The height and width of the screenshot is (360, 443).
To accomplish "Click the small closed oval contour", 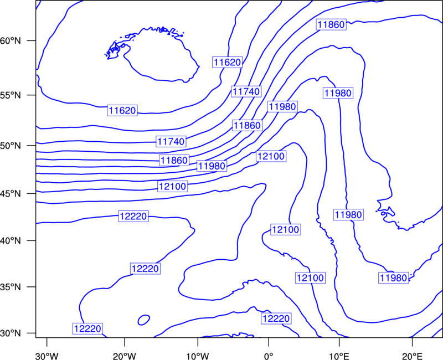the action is (x=144, y=320).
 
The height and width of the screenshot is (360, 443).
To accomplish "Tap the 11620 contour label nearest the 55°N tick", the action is (x=122, y=110).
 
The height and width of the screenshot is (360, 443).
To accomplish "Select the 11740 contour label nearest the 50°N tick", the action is (x=171, y=141).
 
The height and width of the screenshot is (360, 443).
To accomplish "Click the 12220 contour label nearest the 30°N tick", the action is (x=87, y=328).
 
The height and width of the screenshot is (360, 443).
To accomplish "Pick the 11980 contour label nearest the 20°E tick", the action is (x=394, y=278).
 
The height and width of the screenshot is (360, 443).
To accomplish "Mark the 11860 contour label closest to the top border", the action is (x=331, y=24).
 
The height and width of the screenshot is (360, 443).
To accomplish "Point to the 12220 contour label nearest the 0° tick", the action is (x=276, y=318).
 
